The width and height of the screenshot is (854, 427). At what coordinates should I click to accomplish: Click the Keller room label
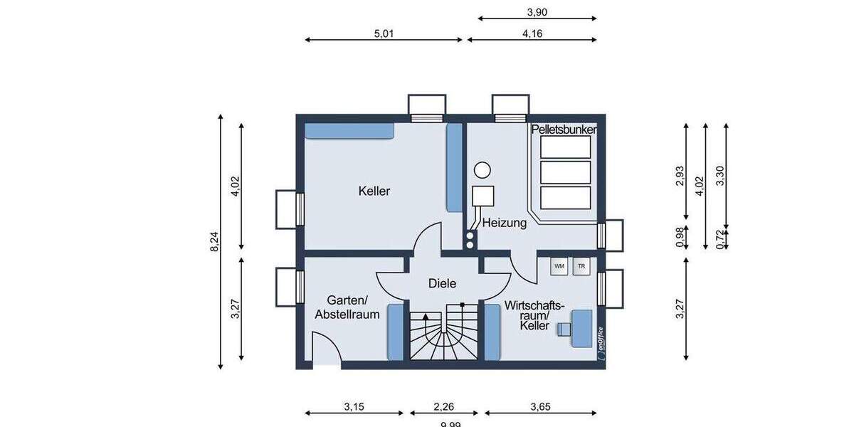click(374, 191)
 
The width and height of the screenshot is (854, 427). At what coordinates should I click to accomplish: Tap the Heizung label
click(504, 223)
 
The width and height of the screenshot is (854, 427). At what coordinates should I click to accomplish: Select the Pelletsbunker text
click(564, 130)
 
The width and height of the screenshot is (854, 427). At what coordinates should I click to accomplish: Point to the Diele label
click(441, 283)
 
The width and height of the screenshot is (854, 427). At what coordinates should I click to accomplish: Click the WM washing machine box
click(559, 266)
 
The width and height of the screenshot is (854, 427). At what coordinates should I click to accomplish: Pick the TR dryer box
click(581, 266)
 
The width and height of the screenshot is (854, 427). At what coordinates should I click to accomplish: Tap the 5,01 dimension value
click(384, 33)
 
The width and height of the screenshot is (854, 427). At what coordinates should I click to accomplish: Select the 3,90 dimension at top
click(537, 11)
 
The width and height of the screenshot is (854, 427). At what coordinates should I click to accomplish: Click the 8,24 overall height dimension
click(214, 242)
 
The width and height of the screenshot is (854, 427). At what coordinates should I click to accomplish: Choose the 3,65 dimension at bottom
click(540, 408)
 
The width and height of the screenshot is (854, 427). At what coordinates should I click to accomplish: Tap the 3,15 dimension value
click(354, 408)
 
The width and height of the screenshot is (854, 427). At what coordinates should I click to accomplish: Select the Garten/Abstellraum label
click(347, 307)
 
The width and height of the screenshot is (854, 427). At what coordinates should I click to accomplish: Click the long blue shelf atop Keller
click(349, 131)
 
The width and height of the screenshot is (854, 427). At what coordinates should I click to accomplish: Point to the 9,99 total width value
click(450, 424)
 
